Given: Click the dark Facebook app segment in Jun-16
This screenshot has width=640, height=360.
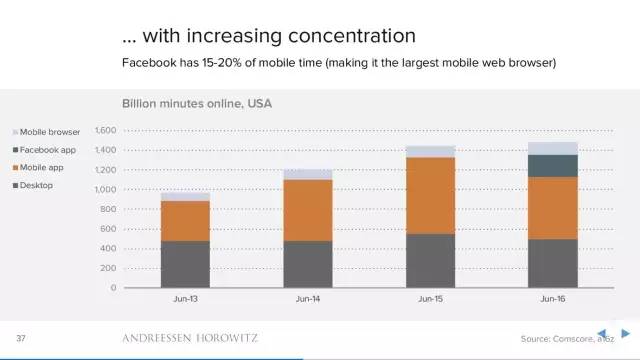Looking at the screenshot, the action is pos(553,166).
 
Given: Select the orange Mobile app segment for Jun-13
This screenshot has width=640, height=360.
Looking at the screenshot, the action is pos(185,221).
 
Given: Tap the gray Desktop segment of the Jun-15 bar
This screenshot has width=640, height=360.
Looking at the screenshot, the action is pos(431,261).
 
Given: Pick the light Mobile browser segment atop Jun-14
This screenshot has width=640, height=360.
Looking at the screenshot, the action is pos(308,174).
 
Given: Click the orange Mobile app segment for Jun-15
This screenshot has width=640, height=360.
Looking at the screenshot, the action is pos(431,196).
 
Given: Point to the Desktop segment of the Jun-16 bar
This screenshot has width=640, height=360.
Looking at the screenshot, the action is pos(553,264).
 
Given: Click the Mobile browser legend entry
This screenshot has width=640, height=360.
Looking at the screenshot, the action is pos(47,132).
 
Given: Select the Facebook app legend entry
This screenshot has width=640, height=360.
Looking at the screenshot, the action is pos(44,150).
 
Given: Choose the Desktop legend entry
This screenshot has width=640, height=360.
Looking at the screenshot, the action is pos(33,185).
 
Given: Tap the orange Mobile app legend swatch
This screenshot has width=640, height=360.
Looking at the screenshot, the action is pos(16,168).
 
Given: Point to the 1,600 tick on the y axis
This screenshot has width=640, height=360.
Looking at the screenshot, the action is pos(106,130).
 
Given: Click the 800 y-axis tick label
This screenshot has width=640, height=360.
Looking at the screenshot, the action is pos(108,209).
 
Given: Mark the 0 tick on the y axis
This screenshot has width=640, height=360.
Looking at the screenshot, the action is pos(113,287).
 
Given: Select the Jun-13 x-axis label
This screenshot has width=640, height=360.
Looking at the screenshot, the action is pos(185,299).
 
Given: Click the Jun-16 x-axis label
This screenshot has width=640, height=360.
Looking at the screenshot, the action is pos(553,299).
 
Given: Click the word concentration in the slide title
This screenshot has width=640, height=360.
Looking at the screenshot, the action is pos(352,36).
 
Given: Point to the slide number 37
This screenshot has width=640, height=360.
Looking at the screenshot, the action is pos(21,338).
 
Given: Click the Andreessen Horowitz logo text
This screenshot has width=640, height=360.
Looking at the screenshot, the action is pos(190,338).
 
